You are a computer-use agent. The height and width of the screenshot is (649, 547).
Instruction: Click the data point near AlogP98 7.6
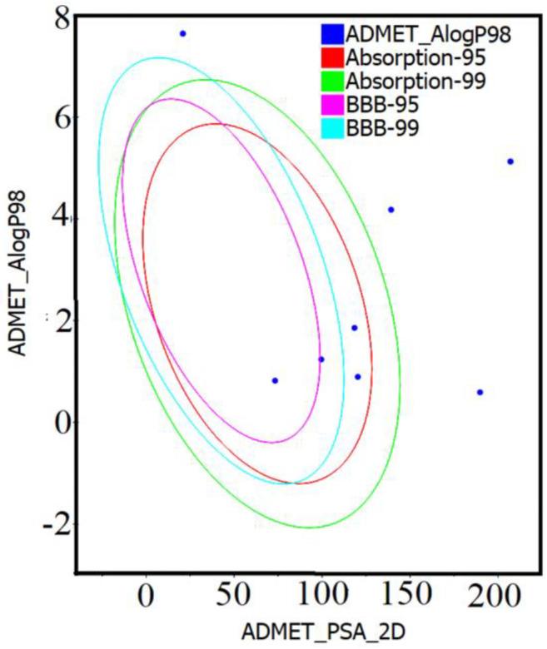[x=182, y=33]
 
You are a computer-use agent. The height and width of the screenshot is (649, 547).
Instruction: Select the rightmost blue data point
[x=510, y=161]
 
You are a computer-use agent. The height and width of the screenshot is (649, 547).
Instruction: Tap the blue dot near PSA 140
[x=390, y=210]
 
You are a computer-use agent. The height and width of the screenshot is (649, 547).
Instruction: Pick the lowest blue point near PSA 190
[x=480, y=392]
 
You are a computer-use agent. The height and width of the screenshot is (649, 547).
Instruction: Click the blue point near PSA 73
[x=275, y=380]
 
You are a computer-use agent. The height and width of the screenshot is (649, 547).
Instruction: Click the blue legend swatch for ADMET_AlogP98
[x=331, y=34]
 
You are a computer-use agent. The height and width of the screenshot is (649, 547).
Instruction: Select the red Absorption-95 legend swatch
[x=331, y=58]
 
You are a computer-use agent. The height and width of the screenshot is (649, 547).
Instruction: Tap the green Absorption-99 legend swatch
[x=331, y=82]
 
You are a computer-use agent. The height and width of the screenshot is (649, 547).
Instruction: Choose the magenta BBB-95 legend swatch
[x=331, y=105]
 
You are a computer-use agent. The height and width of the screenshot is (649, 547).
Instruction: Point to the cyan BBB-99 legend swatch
[x=331, y=128]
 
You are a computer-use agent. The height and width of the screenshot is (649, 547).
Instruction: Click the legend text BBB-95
[x=379, y=105]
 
